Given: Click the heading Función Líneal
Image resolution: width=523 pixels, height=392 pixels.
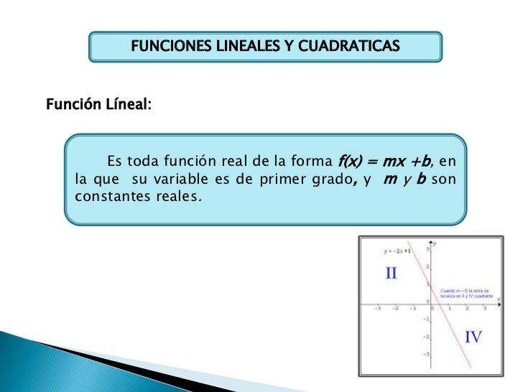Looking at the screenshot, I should [98, 105].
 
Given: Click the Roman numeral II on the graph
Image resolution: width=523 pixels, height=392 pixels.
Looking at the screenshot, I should [392, 274].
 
